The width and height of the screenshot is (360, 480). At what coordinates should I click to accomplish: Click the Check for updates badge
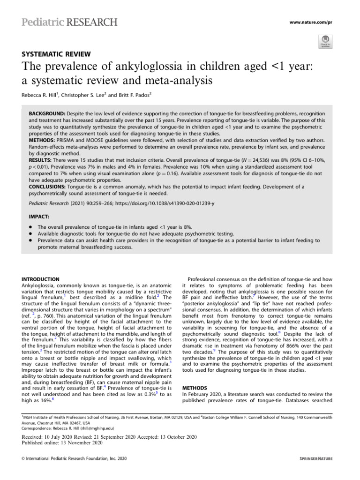pyautogui.click(x=325, y=41)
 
